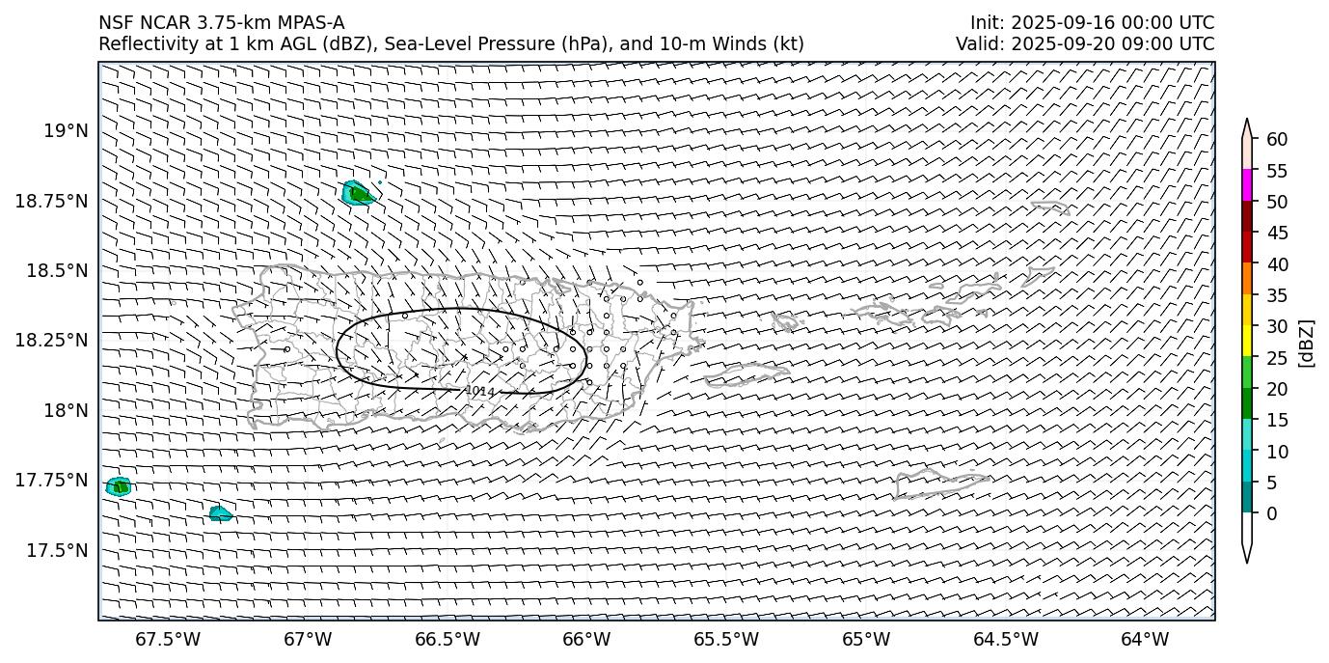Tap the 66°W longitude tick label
[x=586, y=640]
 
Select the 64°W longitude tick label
[x=1144, y=640]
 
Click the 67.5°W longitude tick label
[x=168, y=640]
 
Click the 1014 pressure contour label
[x=479, y=391]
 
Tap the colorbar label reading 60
[x=1277, y=140]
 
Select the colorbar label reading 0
[x=1271, y=513]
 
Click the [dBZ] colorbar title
[x=1307, y=343]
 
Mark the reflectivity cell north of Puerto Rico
[x=358, y=193]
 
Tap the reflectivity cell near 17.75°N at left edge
[x=120, y=486]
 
